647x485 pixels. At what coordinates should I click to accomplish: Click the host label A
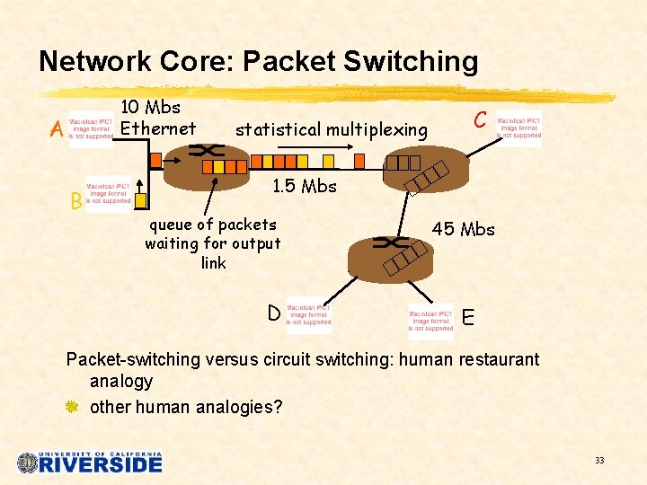[x=57, y=131]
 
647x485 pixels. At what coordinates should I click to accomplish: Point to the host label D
[x=273, y=313]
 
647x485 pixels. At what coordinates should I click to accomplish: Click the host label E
[x=467, y=317]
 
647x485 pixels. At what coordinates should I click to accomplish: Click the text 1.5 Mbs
[x=304, y=187]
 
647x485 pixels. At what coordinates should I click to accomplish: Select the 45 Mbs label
[x=463, y=229]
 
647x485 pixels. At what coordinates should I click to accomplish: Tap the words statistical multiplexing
[x=331, y=130]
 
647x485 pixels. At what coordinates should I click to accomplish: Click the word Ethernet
[x=158, y=128]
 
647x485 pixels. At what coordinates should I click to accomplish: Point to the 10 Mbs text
[x=151, y=108]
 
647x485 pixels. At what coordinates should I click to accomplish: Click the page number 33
[x=598, y=461]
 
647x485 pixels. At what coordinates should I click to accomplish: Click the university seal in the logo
[x=27, y=463]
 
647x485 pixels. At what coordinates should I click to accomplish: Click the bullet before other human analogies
[x=73, y=407]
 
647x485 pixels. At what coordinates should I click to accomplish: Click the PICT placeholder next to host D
[x=308, y=315]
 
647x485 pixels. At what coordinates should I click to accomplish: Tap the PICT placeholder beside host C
[x=519, y=128]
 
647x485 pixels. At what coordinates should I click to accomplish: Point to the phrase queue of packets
[x=212, y=225]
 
